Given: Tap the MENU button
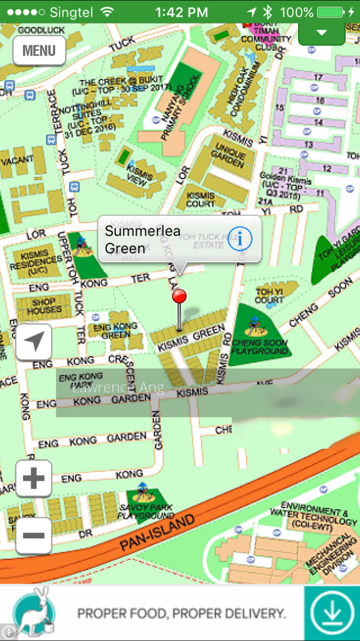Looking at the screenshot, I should (x=39, y=51).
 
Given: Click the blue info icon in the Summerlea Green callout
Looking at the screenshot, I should (x=239, y=239).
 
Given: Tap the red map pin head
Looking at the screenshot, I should (x=179, y=296).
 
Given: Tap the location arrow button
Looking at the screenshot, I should (x=34, y=342).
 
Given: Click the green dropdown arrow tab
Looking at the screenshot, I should (x=321, y=33).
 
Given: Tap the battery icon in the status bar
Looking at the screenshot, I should (x=330, y=12).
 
